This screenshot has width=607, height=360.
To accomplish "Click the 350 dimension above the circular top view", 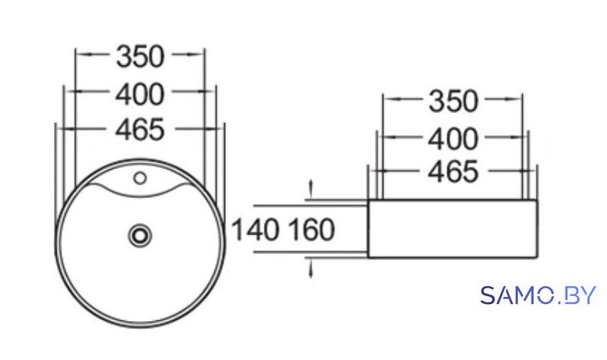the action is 140,57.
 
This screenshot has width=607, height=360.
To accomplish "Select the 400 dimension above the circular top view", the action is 140,94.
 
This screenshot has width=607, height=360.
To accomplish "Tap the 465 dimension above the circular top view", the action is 140,129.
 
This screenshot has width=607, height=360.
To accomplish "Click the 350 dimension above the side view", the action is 453,101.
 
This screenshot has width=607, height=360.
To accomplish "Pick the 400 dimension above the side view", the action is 453,139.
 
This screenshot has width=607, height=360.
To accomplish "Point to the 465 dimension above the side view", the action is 453,171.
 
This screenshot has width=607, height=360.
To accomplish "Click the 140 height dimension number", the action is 255,230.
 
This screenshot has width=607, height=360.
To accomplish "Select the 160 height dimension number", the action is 312,230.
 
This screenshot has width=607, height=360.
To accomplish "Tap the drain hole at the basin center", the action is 139,235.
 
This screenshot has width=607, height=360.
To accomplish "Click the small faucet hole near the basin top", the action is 139,178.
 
